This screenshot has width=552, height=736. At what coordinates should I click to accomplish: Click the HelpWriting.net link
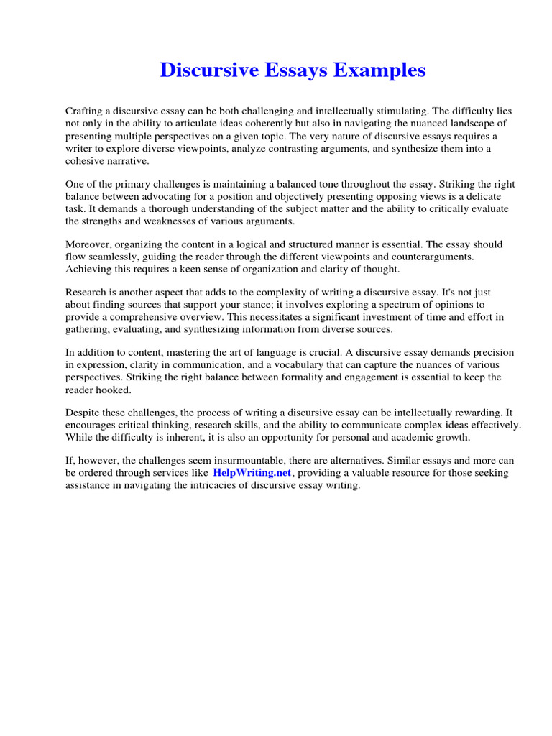(x=252, y=472)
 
